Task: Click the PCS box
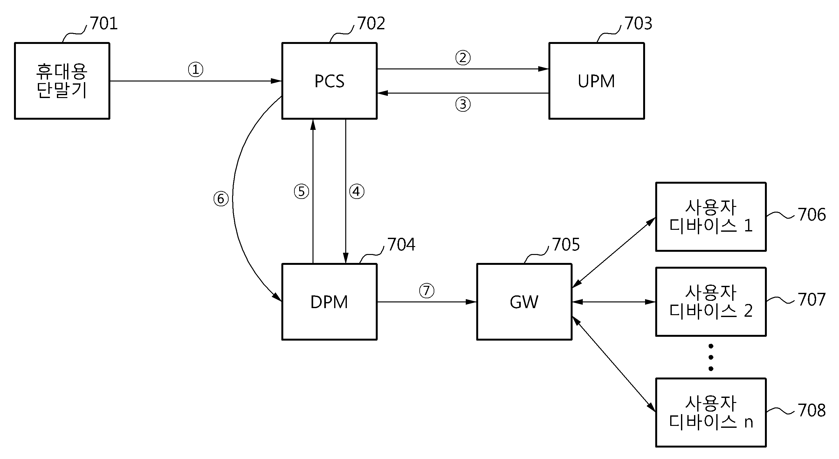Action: click(329, 81)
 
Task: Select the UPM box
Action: click(596, 81)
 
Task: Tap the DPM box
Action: click(329, 302)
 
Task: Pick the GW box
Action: click(524, 302)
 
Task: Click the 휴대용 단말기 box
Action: click(62, 81)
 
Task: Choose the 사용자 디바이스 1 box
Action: click(711, 217)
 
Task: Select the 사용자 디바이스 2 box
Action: click(711, 301)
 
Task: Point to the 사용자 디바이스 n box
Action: click(711, 413)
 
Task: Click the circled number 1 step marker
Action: click(196, 69)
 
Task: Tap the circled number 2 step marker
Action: click(463, 58)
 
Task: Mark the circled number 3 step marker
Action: click(463, 104)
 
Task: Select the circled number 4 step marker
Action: click(357, 191)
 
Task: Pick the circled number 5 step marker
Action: click(301, 191)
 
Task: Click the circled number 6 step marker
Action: click(221, 199)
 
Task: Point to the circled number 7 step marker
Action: click(426, 291)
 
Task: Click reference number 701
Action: click(104, 24)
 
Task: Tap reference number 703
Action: click(638, 24)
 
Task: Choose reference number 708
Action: click(812, 410)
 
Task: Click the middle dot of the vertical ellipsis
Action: click(711, 357)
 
